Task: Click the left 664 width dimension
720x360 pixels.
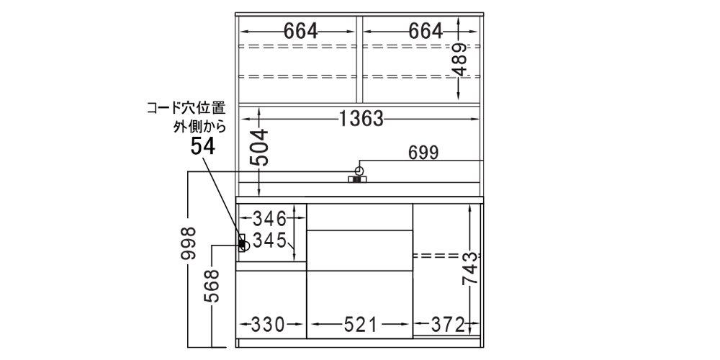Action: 301,31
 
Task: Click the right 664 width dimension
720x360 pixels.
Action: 426,31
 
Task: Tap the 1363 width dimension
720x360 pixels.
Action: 361,119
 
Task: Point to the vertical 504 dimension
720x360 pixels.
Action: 259,148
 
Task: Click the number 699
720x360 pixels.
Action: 423,153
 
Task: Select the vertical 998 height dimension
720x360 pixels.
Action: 188,243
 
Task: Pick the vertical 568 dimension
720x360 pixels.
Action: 212,286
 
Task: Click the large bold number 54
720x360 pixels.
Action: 202,147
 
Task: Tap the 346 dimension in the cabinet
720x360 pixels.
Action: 270,220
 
